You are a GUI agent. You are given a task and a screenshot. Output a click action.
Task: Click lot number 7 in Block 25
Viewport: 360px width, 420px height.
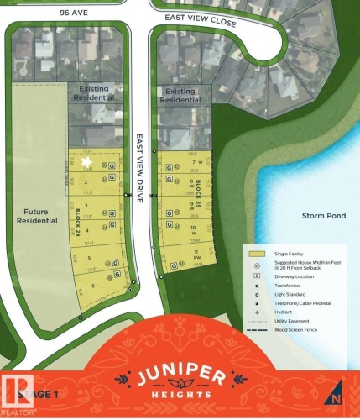tap(194, 163)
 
